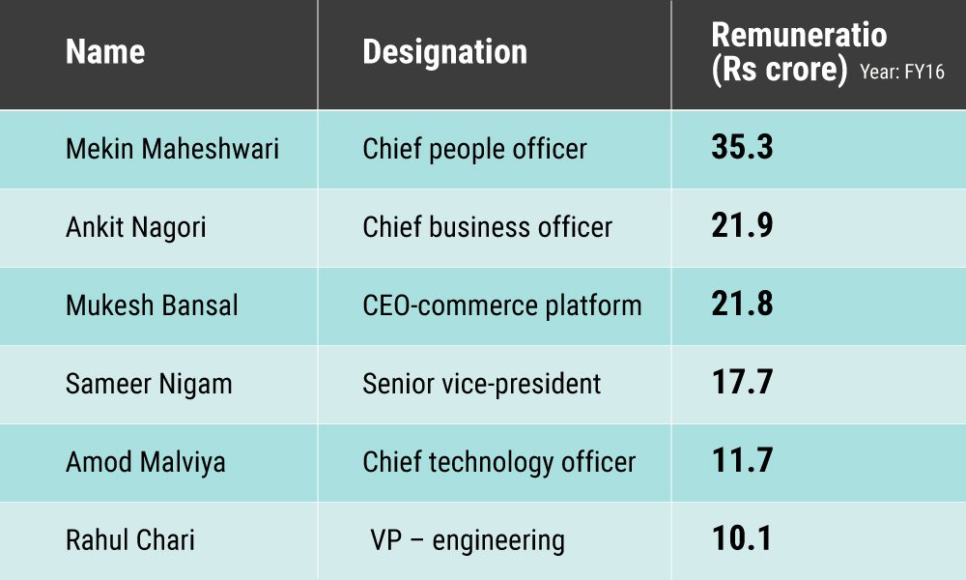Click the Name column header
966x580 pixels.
(x=105, y=51)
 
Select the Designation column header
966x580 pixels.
(x=444, y=51)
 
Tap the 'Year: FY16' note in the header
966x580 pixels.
(x=901, y=72)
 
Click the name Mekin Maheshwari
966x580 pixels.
(x=172, y=149)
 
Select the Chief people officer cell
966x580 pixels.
(x=474, y=149)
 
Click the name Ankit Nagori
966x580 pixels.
(x=136, y=227)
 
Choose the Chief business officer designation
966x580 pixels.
(x=487, y=227)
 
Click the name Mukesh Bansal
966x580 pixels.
(x=152, y=305)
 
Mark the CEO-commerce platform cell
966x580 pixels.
(x=501, y=305)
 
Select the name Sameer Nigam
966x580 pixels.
(x=149, y=384)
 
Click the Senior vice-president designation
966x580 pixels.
(x=481, y=384)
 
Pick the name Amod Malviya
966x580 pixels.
(x=145, y=462)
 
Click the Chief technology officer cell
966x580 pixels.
(x=498, y=462)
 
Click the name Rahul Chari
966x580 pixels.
(x=129, y=539)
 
